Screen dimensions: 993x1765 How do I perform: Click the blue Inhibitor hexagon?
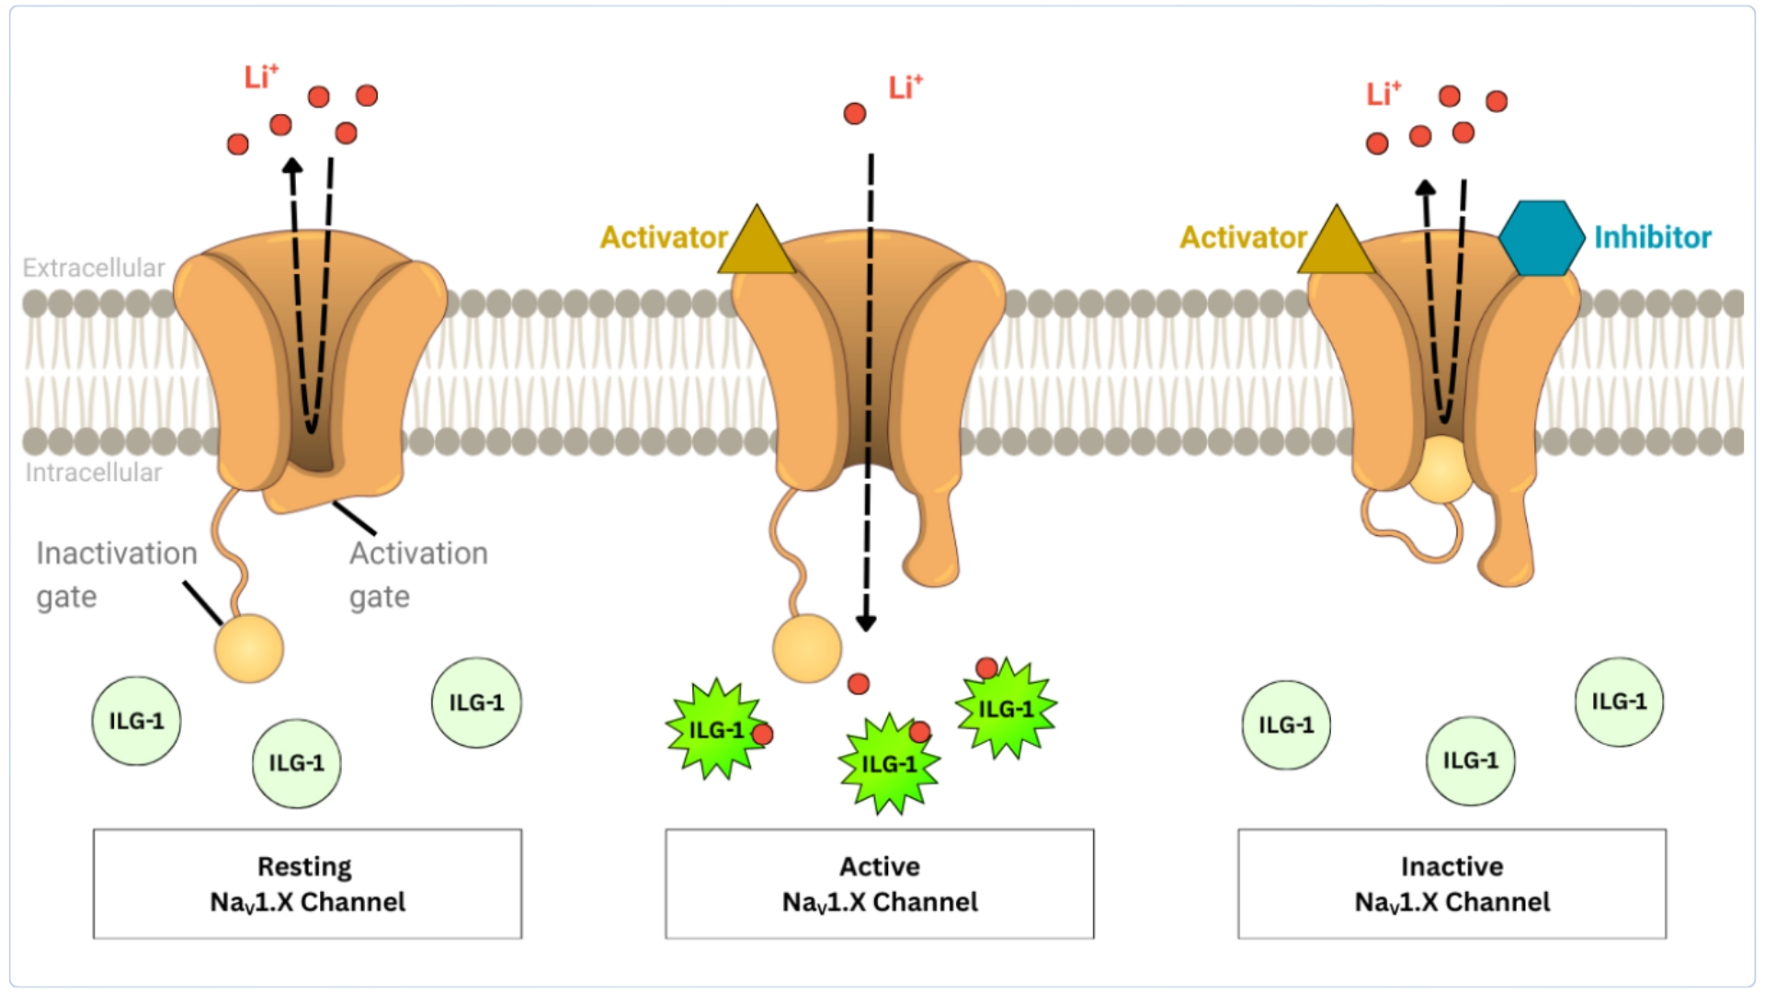(x=1542, y=238)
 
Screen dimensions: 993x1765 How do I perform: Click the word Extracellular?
(x=94, y=268)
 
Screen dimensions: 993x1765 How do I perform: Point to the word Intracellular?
(x=94, y=473)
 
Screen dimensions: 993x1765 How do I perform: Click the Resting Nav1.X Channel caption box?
(x=307, y=884)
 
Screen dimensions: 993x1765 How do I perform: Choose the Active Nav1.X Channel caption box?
(x=880, y=884)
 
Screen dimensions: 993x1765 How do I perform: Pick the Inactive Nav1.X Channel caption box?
(x=1452, y=884)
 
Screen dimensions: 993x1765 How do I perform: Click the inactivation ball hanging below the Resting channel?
(x=249, y=648)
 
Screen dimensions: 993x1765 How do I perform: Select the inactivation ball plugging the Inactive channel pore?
(x=1441, y=469)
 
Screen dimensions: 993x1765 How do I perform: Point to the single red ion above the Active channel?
(x=855, y=114)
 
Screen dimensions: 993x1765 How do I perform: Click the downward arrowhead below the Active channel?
(x=865, y=622)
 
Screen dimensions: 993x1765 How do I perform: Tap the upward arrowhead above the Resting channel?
(x=292, y=166)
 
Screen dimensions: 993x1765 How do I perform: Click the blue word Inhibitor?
(x=1652, y=238)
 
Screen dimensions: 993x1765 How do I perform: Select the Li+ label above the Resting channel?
(x=261, y=77)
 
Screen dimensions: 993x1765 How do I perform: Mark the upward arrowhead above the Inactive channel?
(x=1425, y=188)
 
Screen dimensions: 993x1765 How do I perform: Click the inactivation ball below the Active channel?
(x=807, y=649)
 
